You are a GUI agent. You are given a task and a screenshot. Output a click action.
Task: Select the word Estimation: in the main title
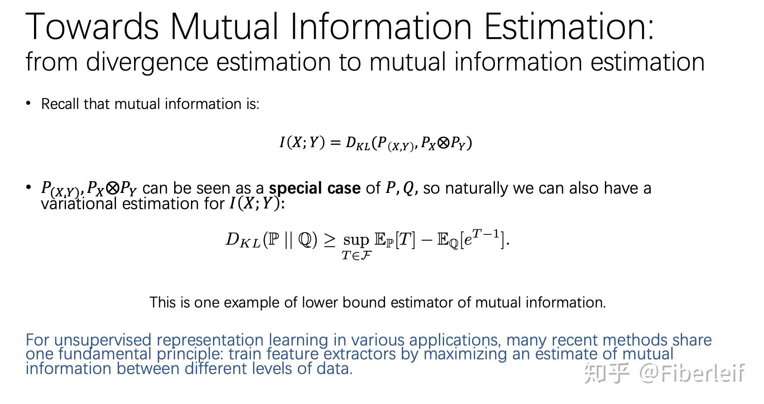pos(569,27)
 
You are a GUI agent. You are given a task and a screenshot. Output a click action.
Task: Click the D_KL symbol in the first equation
pos(358,143)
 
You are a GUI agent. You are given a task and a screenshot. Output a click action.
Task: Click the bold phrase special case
pos(315,188)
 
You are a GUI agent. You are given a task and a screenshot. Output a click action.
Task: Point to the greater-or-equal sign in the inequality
pos(329,240)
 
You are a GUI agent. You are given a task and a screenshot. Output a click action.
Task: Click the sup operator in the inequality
pos(356,240)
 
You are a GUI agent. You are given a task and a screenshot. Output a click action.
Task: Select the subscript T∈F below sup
pos(357,256)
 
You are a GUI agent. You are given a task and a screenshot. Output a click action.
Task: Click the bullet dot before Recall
pos(28,103)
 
